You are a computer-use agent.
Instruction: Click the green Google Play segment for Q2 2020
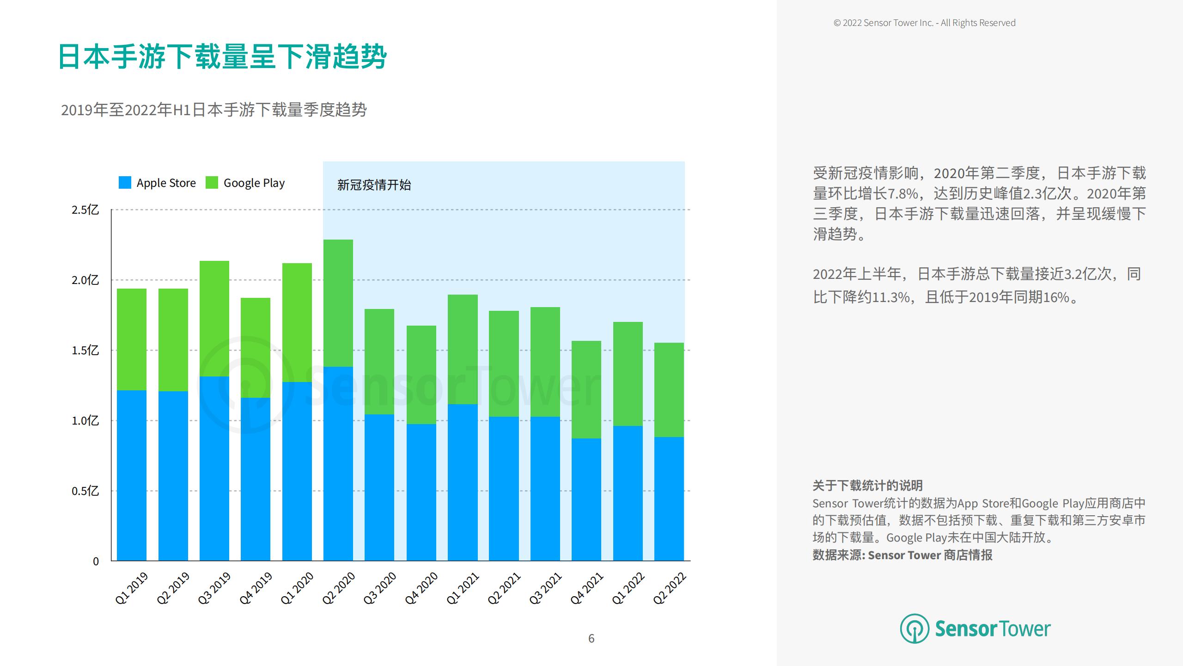(338, 303)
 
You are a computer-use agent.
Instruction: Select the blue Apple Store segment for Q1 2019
(132, 475)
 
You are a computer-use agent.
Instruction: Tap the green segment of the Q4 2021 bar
(586, 389)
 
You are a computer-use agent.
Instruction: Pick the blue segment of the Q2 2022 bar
(669, 499)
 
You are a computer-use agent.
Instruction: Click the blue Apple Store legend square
(125, 183)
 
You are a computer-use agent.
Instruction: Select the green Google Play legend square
(212, 183)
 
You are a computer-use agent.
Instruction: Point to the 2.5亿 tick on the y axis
(85, 210)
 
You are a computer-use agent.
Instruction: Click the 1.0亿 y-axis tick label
(85, 421)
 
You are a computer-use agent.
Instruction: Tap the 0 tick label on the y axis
(96, 561)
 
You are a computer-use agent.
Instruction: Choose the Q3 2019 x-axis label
(214, 588)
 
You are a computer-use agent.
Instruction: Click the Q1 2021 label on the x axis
(463, 588)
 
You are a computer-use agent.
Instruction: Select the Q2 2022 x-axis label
(669, 588)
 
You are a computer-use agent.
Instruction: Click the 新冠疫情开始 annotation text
(374, 185)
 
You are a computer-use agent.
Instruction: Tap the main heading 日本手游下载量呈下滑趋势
(222, 57)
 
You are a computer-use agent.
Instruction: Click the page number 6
(591, 639)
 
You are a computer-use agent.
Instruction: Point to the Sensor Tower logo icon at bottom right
(914, 629)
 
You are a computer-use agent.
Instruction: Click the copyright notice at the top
(924, 23)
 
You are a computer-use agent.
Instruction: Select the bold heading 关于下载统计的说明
(867, 486)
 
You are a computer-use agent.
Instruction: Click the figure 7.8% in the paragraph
(902, 193)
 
